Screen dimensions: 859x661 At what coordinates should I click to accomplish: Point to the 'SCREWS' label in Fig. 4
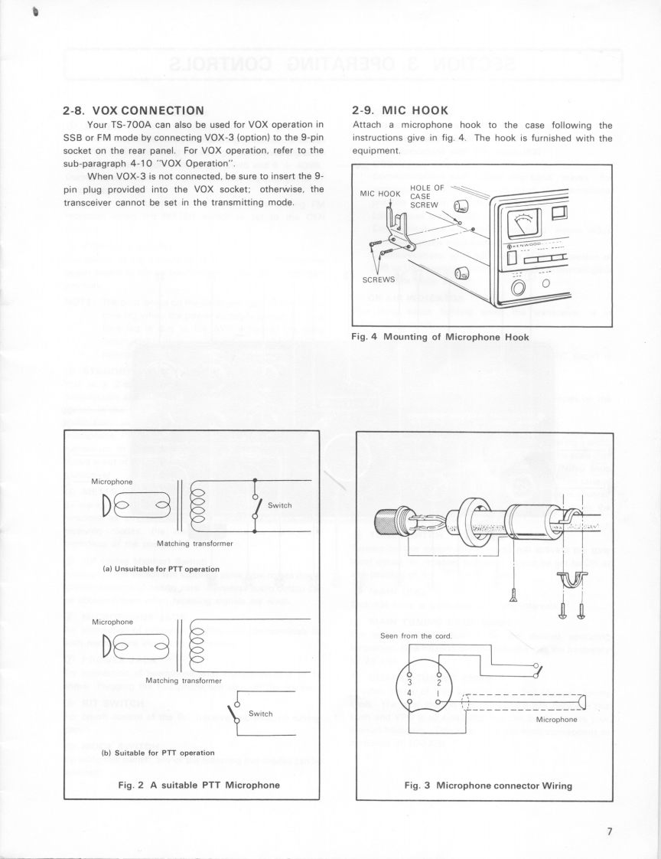pos(378,279)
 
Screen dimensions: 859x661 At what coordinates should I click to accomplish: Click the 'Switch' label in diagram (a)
pos(280,505)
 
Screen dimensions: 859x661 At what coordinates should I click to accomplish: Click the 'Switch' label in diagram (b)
pos(261,714)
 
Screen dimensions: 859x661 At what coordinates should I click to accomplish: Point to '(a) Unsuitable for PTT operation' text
pos(151,569)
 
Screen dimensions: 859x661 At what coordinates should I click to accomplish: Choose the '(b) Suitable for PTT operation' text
pos(149,752)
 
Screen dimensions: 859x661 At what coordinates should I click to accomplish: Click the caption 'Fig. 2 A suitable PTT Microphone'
pos(192,784)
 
